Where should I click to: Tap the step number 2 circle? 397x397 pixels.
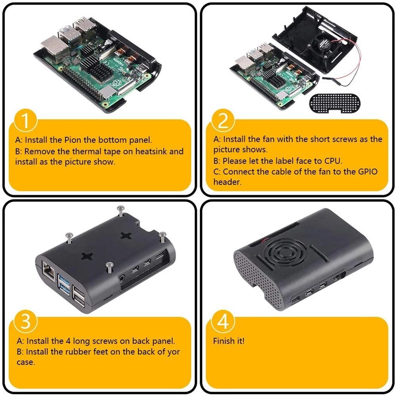point(224,121)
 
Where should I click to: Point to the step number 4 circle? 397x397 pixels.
point(224,322)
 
